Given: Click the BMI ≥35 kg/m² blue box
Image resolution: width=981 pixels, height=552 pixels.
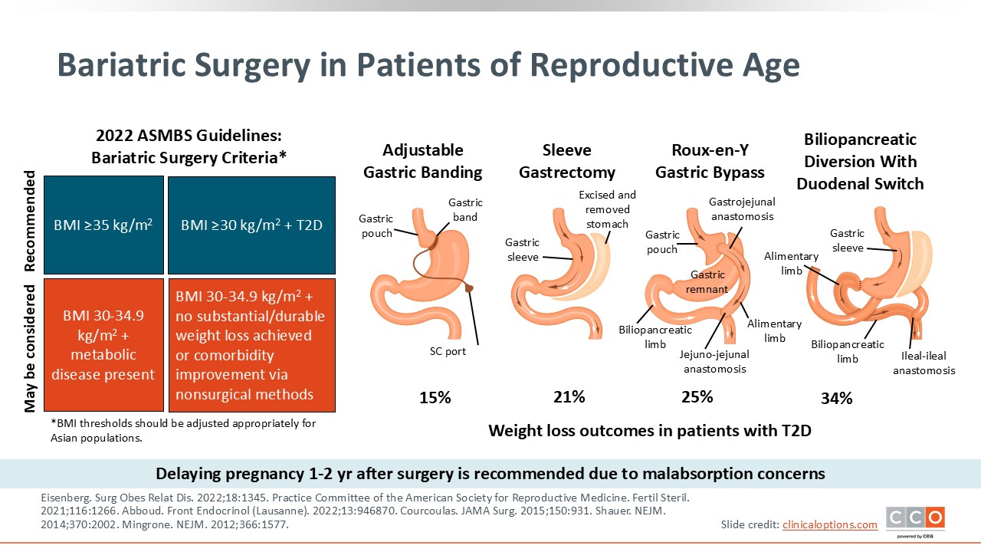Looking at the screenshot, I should [104, 225].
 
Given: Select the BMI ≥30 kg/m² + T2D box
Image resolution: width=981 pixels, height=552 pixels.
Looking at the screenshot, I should [251, 225].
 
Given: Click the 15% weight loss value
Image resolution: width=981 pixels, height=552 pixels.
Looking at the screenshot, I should [435, 398].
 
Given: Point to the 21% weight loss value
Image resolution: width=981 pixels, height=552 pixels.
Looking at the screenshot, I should [569, 396].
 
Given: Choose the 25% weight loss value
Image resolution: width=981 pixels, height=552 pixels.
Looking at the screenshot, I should [697, 396].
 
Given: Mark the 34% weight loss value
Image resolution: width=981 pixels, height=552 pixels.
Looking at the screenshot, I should [836, 398].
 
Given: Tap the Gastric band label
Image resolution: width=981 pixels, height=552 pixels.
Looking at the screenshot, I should [465, 209].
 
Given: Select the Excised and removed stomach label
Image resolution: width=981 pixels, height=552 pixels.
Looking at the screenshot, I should [607, 209].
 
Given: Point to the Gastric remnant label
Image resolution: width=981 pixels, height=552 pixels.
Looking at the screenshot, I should [707, 281].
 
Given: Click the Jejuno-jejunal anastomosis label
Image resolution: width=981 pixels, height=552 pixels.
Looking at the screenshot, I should [714, 361].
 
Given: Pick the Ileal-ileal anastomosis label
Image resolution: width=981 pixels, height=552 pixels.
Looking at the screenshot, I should [924, 363].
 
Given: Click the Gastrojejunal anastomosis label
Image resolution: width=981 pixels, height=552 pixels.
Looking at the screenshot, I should [742, 209].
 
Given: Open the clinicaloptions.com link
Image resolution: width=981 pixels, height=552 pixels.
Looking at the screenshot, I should [829, 524].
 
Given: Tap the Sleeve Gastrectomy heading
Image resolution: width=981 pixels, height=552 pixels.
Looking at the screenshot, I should [567, 161].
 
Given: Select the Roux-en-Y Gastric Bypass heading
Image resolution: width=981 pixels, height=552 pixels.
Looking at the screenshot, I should [710, 161].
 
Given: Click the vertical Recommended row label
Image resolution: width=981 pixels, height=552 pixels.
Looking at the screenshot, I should [31, 222].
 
